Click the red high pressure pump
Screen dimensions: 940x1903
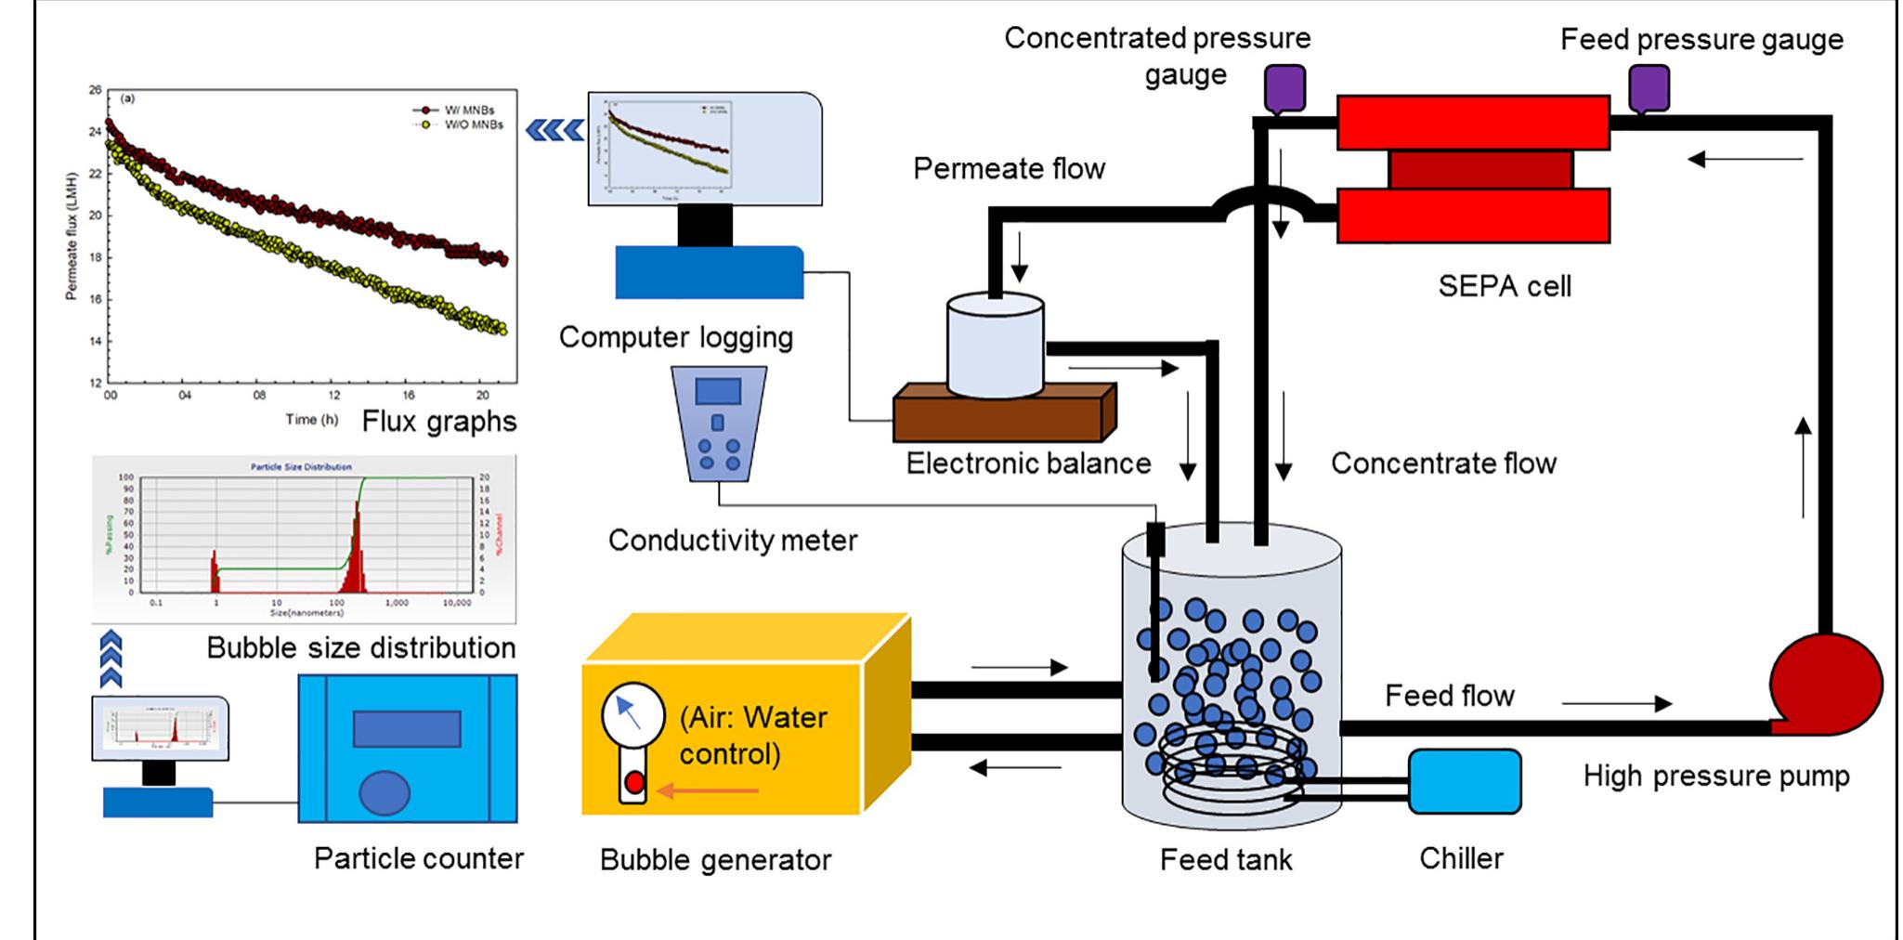point(1825,685)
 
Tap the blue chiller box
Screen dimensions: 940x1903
point(1465,781)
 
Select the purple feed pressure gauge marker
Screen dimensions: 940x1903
point(1649,88)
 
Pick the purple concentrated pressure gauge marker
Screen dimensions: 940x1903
point(1285,88)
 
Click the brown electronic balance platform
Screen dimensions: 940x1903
point(1003,413)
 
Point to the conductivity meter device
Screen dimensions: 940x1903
point(719,423)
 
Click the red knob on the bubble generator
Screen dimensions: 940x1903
point(634,782)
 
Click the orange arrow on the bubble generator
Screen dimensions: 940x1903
point(708,791)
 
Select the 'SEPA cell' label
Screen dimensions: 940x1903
point(1504,286)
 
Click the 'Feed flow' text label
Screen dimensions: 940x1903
point(1449,696)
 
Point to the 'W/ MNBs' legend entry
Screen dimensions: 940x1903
point(468,111)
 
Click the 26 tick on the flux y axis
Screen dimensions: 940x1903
point(95,90)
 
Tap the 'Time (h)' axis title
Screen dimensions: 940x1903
point(311,420)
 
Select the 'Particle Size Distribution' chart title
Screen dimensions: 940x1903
point(301,466)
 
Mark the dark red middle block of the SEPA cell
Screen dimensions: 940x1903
point(1479,170)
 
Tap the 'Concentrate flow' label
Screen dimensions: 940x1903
point(1443,463)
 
